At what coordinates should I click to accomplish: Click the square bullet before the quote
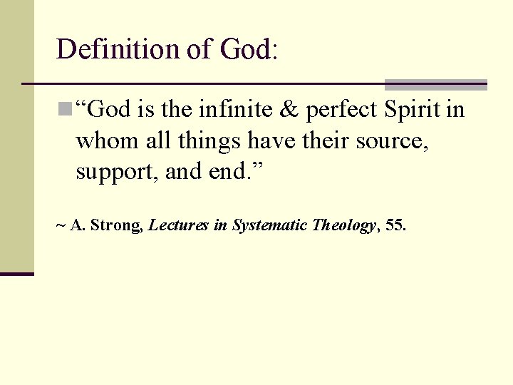point(65,109)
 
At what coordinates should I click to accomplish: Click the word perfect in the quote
point(340,111)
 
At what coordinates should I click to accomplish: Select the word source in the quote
point(392,142)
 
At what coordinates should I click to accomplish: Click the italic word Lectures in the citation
point(178,226)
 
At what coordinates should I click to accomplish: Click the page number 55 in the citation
point(393,226)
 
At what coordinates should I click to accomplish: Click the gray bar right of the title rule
point(435,84)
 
